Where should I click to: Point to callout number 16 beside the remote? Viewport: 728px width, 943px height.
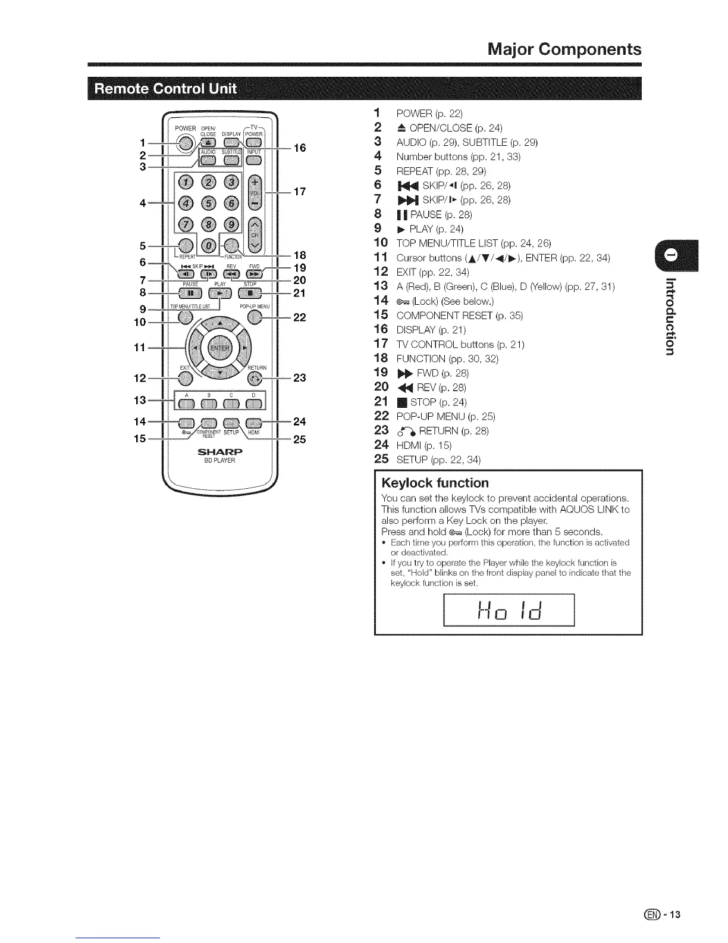300,148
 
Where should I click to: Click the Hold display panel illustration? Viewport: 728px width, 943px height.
509,610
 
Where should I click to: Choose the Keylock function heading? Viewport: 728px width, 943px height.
435,482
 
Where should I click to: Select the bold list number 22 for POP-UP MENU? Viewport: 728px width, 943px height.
381,416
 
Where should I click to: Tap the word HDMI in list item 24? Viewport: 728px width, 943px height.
409,445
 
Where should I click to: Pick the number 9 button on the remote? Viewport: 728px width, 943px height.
232,226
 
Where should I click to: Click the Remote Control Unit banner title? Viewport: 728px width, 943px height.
167,89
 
